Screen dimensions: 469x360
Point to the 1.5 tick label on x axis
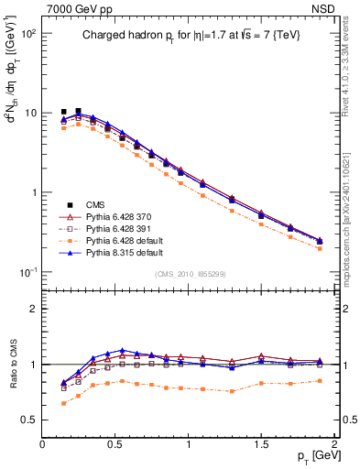point(262,443)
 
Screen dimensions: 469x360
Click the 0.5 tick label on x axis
point(115,443)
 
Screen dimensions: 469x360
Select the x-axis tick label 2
point(334,443)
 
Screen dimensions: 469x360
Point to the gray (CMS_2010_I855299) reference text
point(188,274)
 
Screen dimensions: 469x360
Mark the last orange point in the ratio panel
point(320,380)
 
